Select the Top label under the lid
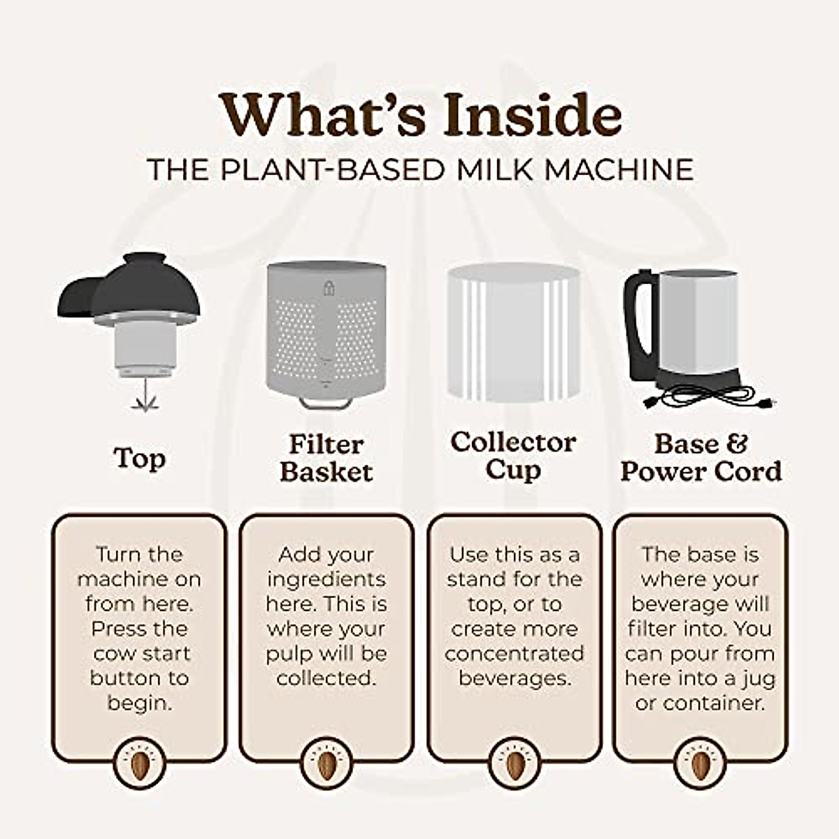point(139,458)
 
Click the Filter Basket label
point(326,458)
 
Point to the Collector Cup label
point(513,456)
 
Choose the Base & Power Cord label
point(701,458)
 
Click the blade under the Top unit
point(144,400)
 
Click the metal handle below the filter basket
point(325,403)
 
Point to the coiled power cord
point(706,399)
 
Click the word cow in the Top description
point(113,654)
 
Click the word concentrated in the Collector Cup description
point(514,654)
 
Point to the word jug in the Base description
point(760,679)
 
